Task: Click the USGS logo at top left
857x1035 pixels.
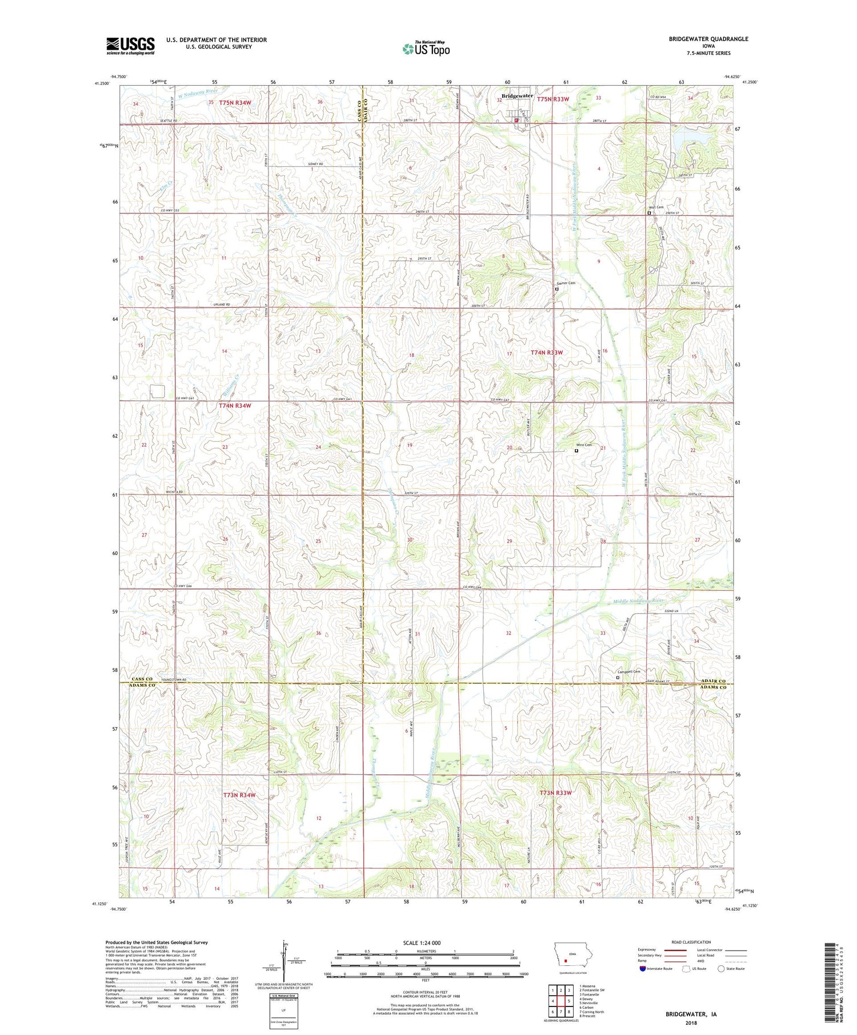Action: tap(130, 45)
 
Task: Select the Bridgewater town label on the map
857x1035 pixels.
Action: tap(517, 96)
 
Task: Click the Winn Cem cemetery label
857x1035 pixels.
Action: tap(583, 445)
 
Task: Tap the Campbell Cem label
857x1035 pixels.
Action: tap(628, 672)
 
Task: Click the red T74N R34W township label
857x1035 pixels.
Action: tap(235, 405)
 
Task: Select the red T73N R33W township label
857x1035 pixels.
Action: tap(555, 793)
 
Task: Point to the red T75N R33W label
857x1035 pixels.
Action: tap(553, 99)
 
